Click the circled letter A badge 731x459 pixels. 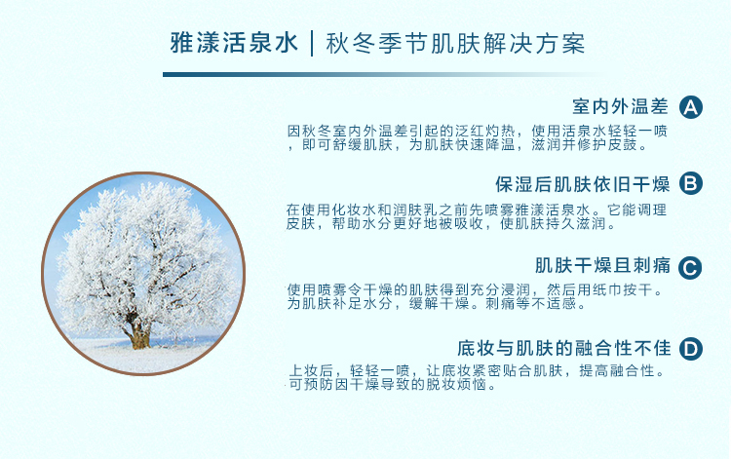pyautogui.click(x=690, y=107)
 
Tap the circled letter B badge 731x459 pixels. pyautogui.click(x=690, y=183)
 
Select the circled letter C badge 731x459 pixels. pyautogui.click(x=690, y=268)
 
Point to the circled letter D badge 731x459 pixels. pyautogui.click(x=690, y=349)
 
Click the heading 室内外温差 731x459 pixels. pyautogui.click(x=621, y=107)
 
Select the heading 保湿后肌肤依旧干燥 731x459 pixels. pyautogui.click(x=582, y=184)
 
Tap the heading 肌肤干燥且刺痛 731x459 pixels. pyautogui.click(x=602, y=266)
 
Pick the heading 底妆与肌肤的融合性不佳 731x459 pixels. pyautogui.click(x=563, y=348)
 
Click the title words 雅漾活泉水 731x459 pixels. pyautogui.click(x=234, y=43)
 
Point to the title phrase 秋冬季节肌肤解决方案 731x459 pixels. pyautogui.click(x=455, y=44)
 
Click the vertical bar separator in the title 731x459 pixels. pyautogui.click(x=312, y=43)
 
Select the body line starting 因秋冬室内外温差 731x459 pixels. pyautogui.click(x=477, y=131)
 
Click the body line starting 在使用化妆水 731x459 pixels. pyautogui.click(x=477, y=210)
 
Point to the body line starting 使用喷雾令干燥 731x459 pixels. pyautogui.click(x=475, y=289)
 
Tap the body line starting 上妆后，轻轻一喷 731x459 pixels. pyautogui.click(x=477, y=371)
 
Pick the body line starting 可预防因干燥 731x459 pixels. pyautogui.click(x=392, y=384)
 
